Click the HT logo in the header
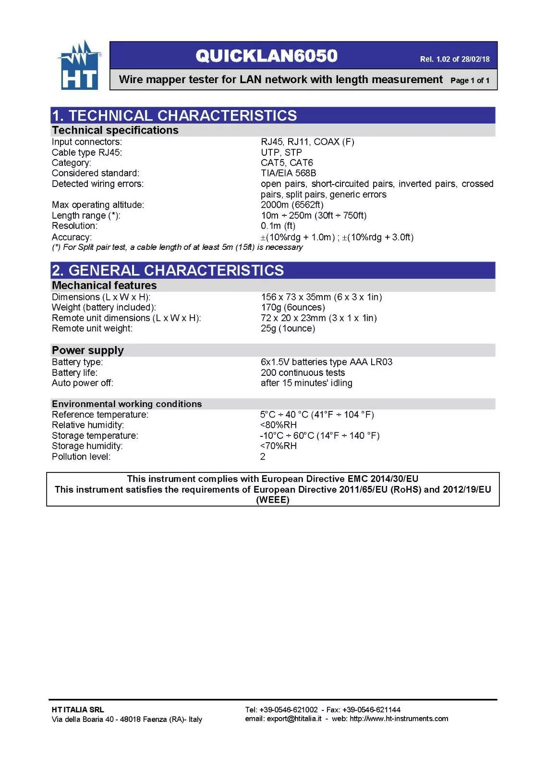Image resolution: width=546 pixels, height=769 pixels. point(79,66)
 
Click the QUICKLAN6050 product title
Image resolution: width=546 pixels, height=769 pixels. point(267,56)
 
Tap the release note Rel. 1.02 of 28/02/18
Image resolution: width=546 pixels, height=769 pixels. point(454,59)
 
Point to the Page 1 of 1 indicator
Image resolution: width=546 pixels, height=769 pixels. point(470,80)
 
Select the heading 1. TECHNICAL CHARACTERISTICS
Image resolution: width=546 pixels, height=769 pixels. point(174,115)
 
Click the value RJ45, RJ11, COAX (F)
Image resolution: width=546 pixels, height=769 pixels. point(307,142)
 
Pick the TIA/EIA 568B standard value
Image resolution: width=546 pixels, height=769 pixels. point(288,173)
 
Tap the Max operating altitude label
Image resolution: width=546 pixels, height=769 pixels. point(98,205)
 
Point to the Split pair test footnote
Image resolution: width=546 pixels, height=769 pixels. point(177,247)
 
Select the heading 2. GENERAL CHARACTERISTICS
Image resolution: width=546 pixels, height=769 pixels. point(168,270)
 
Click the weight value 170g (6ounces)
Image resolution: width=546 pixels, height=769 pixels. point(293,307)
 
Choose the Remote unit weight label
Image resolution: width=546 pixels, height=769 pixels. point(92,328)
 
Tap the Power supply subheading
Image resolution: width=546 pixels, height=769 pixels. point(88,350)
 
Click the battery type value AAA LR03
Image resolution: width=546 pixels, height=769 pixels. point(327,362)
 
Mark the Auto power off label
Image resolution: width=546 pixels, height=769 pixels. point(83,383)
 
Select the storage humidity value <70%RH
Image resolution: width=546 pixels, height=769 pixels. point(279,446)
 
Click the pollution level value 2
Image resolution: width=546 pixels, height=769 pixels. point(263,457)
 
